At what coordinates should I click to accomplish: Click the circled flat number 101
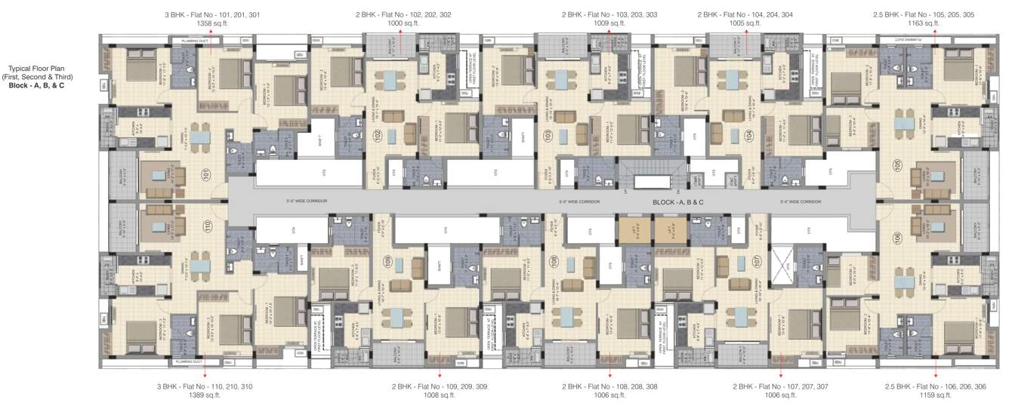pos(205,175)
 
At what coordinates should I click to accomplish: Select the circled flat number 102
pos(378,137)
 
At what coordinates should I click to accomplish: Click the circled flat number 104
pos(748,137)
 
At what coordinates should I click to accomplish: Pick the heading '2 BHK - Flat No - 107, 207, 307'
pos(780,386)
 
